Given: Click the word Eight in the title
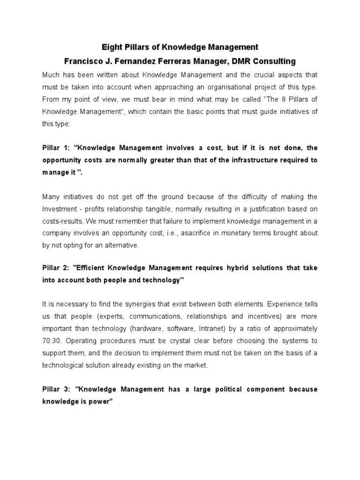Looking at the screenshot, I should tap(112, 47).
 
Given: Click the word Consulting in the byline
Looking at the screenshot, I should tap(277, 61).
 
